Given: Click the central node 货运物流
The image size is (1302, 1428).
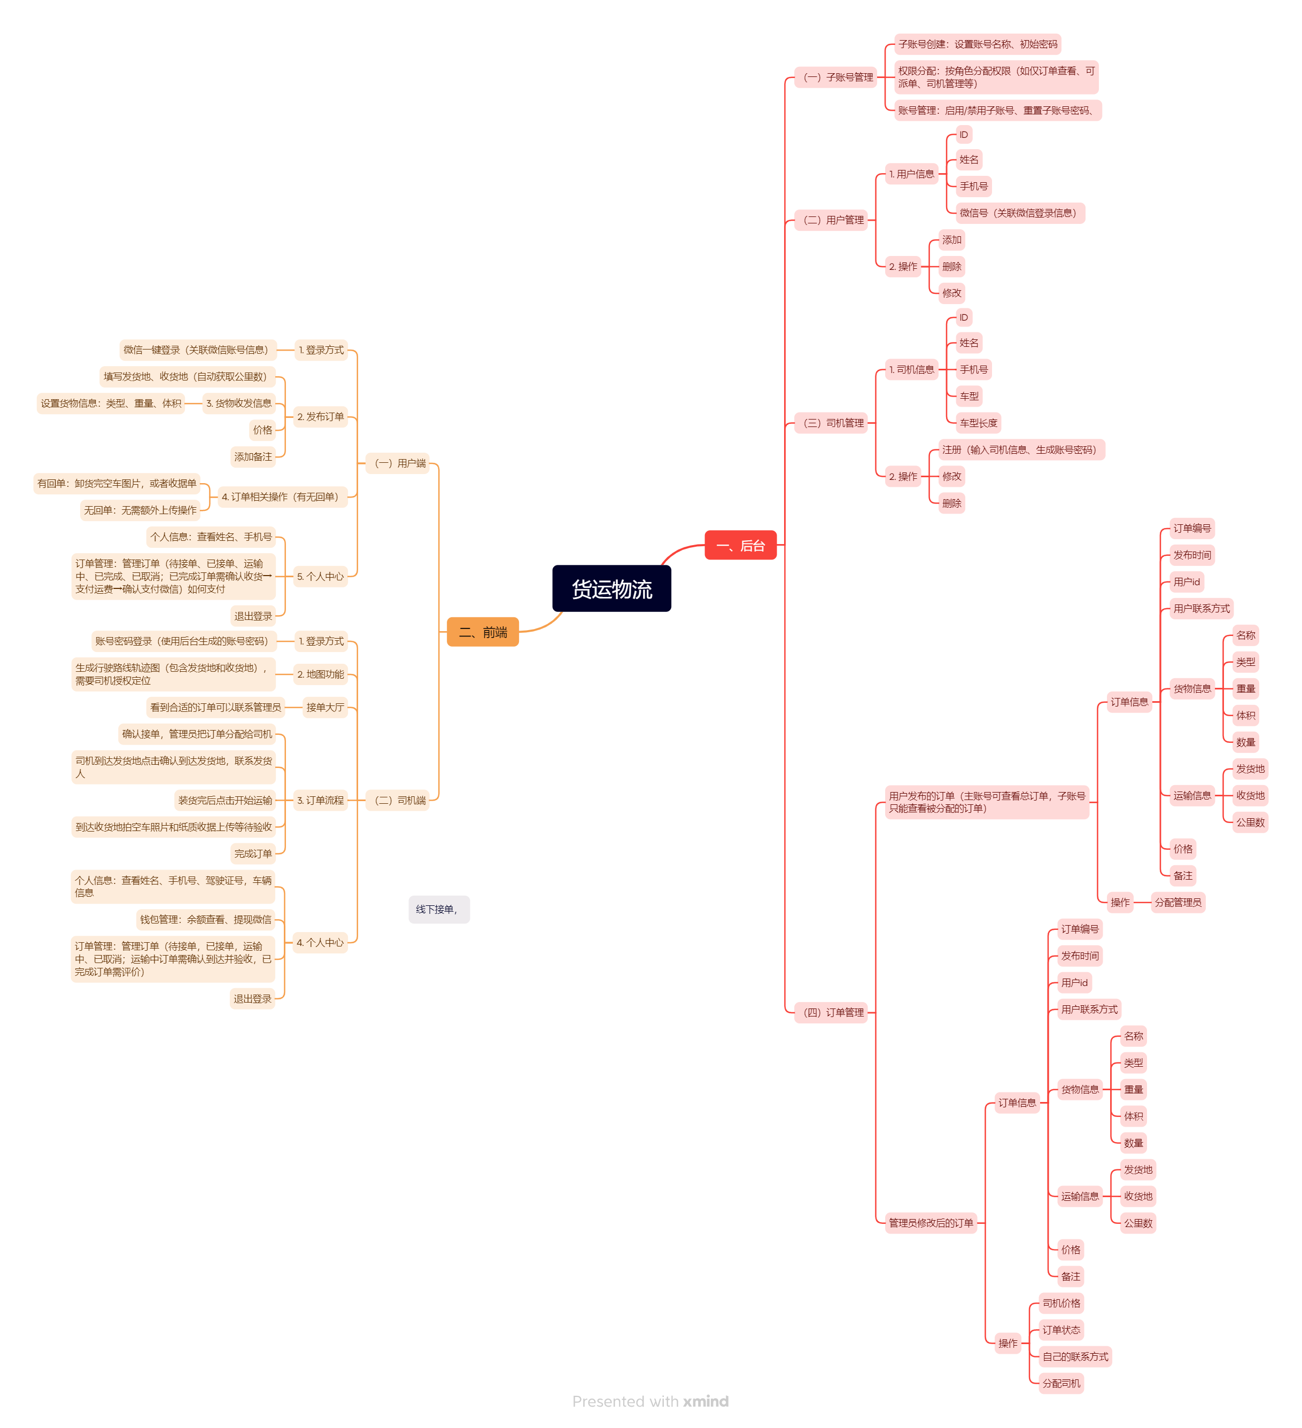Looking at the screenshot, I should [x=611, y=588].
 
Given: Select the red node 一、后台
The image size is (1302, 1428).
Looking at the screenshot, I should [x=740, y=546].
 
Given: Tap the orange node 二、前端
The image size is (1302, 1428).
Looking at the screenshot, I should [x=483, y=632].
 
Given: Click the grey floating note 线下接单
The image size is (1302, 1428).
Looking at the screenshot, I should [x=438, y=910].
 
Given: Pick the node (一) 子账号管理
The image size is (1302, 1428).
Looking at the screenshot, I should [x=836, y=77].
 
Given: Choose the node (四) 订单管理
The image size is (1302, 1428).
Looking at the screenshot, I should [x=832, y=1012].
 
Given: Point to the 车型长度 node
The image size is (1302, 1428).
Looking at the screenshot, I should [x=978, y=423].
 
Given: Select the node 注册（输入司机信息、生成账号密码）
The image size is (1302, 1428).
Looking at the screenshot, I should [x=1021, y=450].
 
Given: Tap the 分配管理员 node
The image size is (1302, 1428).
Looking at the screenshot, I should [x=1177, y=903].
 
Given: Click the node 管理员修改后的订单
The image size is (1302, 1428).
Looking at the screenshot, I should [x=931, y=1223].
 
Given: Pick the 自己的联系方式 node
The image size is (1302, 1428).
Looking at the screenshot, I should [x=1075, y=1356].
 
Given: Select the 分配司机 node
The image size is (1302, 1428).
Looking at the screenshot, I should [x=1060, y=1383].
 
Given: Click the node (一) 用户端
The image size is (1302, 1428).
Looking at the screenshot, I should [x=398, y=463].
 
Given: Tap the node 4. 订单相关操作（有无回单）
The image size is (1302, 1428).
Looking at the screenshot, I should [x=281, y=496].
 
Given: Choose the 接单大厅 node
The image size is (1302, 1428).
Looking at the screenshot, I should [x=324, y=707].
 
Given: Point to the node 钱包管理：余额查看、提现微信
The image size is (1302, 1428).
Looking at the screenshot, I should [x=205, y=919].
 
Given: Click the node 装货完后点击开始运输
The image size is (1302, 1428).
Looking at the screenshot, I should [x=224, y=801].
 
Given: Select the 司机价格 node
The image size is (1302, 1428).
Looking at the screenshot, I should [x=1060, y=1303].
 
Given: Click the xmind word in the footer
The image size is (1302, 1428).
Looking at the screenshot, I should [x=706, y=1401].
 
